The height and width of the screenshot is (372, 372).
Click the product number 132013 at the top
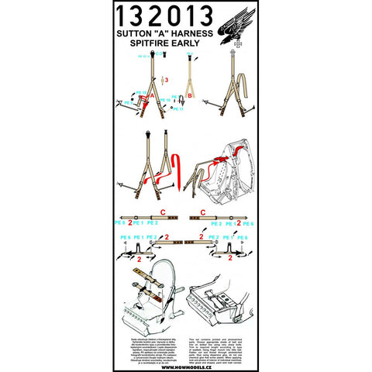(x=168, y=18)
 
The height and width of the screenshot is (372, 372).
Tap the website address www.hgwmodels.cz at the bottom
(x=186, y=357)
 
